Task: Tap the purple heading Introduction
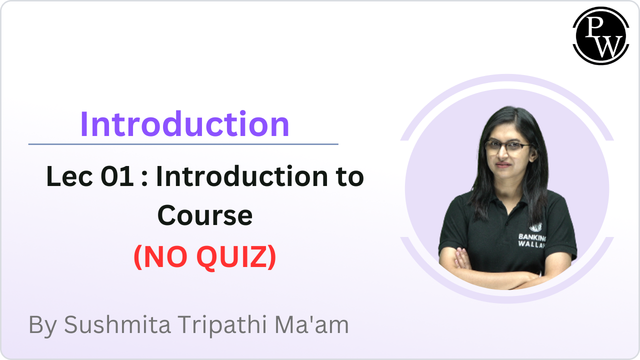point(184,124)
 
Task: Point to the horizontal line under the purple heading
point(183,144)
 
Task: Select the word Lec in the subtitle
point(66,177)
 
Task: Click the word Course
point(205,216)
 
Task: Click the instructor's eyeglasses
point(507,146)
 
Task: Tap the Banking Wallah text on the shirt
point(531,239)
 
